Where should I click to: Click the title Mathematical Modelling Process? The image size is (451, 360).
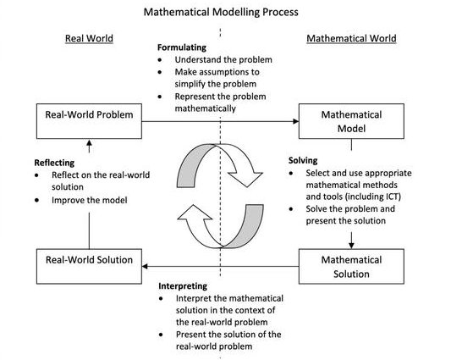pos(221,12)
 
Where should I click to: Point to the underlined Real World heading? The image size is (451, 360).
pos(89,38)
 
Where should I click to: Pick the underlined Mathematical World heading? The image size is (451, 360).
pos(351,38)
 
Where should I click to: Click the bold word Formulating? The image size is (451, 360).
pos(182,47)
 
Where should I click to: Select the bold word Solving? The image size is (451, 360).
pos(303,160)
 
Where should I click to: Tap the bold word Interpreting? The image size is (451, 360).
pos(183,286)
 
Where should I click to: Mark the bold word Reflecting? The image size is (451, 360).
pos(54,163)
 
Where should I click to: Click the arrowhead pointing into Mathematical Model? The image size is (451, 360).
pos(295,121)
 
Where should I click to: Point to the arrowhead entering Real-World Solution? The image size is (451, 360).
pos(145,266)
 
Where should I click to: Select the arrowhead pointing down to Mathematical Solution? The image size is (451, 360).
pos(351,246)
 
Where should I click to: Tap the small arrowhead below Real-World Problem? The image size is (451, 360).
pos(89,143)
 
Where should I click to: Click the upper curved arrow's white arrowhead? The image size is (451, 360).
pos(245,179)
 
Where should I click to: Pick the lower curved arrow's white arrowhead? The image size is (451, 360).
pos(195,213)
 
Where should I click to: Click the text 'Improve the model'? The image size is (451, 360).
pos(90,200)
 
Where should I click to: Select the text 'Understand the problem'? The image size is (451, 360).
pos(223,59)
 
